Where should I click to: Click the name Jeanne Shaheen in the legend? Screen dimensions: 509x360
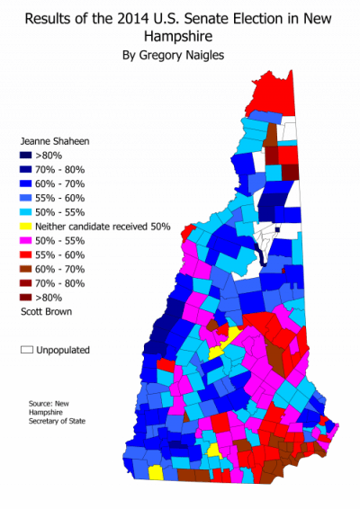(50, 141)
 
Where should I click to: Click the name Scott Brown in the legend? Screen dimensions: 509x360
(42, 311)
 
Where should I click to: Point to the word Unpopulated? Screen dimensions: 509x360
(66, 349)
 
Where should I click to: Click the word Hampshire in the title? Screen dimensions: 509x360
(179, 36)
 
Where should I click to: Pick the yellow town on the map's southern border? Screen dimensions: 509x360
(156, 471)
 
